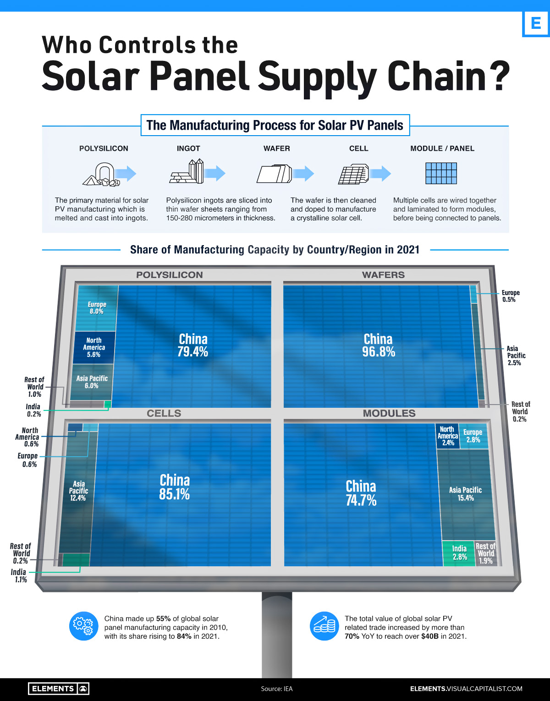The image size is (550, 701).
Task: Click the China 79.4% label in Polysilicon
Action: (193, 345)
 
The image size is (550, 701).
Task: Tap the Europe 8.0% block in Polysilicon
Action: (97, 308)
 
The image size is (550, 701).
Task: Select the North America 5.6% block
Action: (94, 347)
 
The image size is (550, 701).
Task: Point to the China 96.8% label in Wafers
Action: (378, 345)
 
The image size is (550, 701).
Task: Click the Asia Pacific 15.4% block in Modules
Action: (466, 494)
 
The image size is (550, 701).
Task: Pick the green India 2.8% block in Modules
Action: (459, 553)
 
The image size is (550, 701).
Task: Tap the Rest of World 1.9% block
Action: (486, 553)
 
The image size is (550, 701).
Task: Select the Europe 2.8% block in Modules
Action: (473, 436)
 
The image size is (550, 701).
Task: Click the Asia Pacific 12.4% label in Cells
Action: (78, 491)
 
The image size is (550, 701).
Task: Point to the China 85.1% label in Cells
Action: (175, 487)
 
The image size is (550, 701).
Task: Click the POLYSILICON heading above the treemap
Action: (170, 275)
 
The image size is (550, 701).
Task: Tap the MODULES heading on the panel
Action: (389, 413)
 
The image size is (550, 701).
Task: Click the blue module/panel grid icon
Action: (441, 173)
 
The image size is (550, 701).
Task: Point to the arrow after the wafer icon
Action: (303, 173)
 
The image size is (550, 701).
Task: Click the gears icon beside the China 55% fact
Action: (84, 626)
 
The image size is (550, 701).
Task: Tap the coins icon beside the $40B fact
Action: (324, 626)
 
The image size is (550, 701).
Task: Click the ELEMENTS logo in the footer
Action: (58, 689)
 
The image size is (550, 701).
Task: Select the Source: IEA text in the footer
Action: (276, 689)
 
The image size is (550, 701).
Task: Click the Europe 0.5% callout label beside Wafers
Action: (510, 296)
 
